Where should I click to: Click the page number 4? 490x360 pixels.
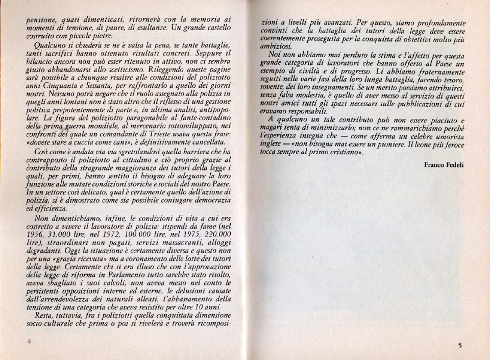click(30, 342)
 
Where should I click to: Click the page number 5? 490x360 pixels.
click(459, 345)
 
